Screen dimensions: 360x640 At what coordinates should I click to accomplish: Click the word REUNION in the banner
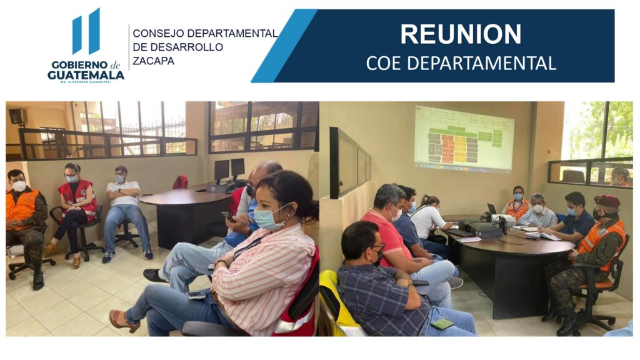[x=461, y=34]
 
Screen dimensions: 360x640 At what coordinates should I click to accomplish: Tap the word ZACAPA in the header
[x=153, y=61]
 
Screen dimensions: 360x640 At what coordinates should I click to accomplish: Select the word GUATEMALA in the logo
[x=86, y=75]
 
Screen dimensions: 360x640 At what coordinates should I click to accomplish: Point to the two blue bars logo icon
[x=86, y=32]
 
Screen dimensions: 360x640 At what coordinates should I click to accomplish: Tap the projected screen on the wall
[x=464, y=139]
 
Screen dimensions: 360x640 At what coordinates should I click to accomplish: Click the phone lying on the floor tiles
[x=196, y=295]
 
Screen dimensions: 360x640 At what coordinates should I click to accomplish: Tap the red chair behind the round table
[x=181, y=182]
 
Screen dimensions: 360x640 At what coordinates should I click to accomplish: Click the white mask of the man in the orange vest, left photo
[x=19, y=186]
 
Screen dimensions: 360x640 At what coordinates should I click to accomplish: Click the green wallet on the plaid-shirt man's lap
[x=442, y=324]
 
